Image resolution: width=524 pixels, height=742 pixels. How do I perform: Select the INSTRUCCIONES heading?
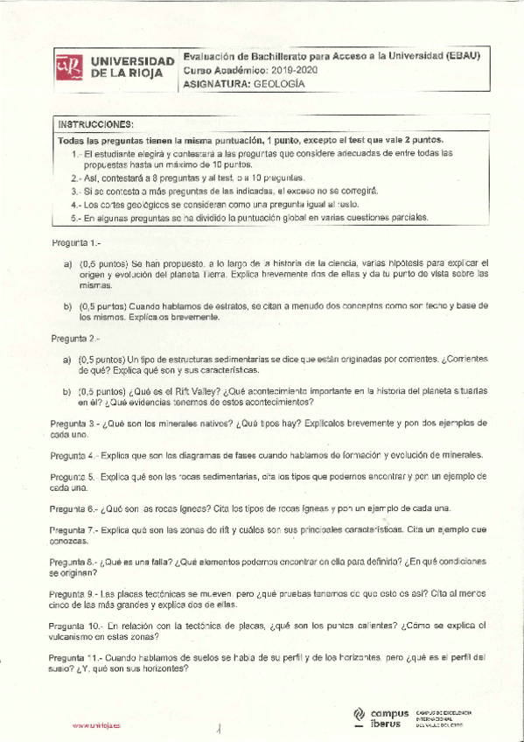(95, 123)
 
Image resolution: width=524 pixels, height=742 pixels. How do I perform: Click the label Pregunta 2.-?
(71, 338)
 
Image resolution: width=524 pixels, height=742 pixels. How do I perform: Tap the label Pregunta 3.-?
(73, 423)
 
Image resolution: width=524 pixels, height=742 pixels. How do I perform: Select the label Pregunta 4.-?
(73, 455)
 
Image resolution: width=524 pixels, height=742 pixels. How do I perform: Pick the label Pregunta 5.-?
(73, 477)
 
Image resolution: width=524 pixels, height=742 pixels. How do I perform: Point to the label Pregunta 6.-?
(73, 507)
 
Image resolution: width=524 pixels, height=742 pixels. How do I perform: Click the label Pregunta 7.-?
(73, 530)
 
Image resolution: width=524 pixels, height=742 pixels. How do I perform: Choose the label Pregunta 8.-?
(73, 561)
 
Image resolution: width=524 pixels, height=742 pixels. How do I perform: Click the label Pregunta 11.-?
(77, 656)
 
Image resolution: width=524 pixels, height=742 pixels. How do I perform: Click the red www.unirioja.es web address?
(97, 725)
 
